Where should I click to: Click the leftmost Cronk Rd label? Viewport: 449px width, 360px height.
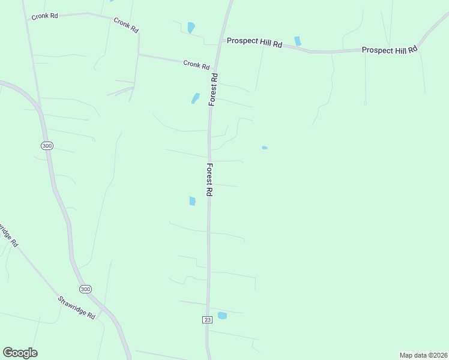45,16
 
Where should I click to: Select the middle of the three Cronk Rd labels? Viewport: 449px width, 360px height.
125,25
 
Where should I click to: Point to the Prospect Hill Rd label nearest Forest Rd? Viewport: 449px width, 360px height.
254,43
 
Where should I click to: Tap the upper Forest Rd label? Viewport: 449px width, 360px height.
213,89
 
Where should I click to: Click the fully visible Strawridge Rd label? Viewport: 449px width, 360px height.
76,307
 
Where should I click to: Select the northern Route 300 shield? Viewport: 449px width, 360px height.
47,146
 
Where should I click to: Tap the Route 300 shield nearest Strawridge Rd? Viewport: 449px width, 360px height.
86,289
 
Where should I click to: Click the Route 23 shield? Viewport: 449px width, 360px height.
208,320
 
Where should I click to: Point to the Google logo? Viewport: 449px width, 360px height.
20,353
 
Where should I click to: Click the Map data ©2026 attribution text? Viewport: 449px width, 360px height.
423,355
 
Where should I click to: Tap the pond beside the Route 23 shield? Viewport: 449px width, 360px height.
222,316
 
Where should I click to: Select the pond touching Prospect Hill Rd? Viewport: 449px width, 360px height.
297,41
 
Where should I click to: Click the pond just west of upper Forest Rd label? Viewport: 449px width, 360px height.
195,98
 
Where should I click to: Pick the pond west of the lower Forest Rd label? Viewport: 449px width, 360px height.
192,201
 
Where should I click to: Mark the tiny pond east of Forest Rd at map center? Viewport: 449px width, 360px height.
264,148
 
